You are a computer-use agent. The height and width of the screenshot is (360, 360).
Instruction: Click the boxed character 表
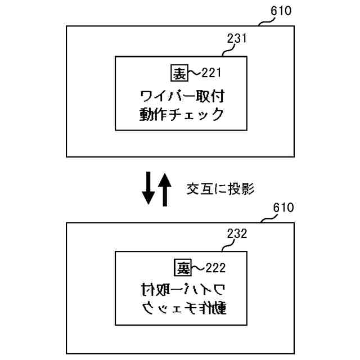[x=178, y=73]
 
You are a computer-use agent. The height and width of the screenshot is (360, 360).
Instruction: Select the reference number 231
[x=237, y=39]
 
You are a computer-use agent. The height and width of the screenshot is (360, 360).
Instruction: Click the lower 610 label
[x=283, y=208]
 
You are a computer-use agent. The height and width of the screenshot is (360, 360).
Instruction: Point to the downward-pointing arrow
[x=148, y=188]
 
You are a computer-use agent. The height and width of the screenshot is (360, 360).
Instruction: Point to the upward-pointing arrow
[x=164, y=188]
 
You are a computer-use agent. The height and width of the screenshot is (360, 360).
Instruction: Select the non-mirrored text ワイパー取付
[x=184, y=95]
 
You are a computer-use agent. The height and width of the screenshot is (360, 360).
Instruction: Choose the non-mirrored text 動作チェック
[x=182, y=115]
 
